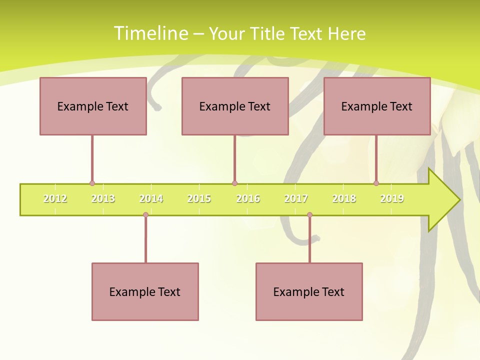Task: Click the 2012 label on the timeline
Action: (x=55, y=198)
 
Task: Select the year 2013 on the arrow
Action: (x=103, y=198)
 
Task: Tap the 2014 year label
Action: (x=151, y=198)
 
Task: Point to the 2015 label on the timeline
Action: (x=199, y=198)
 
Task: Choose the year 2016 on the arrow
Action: (x=248, y=198)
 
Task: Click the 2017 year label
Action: (x=296, y=198)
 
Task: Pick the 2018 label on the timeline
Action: (x=344, y=198)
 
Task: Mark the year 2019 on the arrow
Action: (x=392, y=198)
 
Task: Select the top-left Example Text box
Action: (x=93, y=106)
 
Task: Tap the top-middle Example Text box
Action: (x=235, y=106)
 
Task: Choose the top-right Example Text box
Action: (x=377, y=106)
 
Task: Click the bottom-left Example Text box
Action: (x=145, y=291)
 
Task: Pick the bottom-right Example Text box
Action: (x=309, y=291)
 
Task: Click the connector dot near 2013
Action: (x=92, y=183)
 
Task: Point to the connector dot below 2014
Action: (x=145, y=215)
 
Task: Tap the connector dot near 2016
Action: (x=234, y=183)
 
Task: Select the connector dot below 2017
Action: (x=309, y=215)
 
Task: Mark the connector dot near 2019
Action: (x=376, y=183)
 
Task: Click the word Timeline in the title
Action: (x=150, y=33)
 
